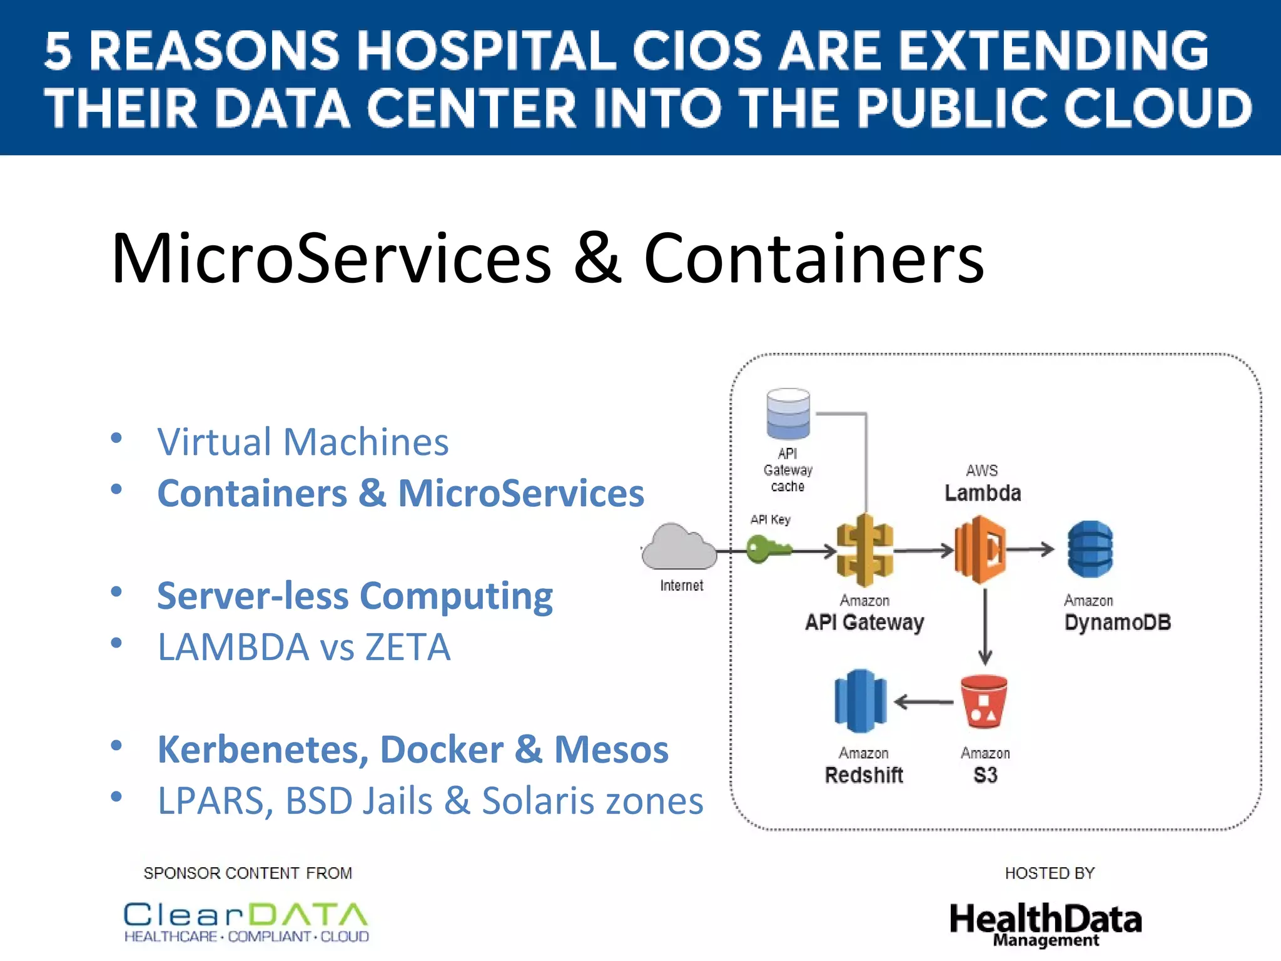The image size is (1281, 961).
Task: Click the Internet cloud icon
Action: pyautogui.click(x=679, y=547)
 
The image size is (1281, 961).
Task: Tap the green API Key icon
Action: pyautogui.click(x=768, y=549)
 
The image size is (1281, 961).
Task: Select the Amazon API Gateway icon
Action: pyautogui.click(x=865, y=550)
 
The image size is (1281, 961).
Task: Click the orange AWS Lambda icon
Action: pyautogui.click(x=980, y=549)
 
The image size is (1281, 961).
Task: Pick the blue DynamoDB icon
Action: pyautogui.click(x=1090, y=549)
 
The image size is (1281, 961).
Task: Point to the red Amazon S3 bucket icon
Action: pyautogui.click(x=984, y=701)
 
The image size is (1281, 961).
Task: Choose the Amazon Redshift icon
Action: pyautogui.click(x=860, y=701)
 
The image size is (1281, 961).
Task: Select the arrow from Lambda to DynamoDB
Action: pyautogui.click(x=1031, y=549)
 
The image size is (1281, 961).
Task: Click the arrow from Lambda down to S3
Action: pyautogui.click(x=985, y=626)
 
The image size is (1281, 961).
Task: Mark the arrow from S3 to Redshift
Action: pyautogui.click(x=924, y=702)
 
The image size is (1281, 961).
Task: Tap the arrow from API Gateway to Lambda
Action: pyautogui.click(x=924, y=551)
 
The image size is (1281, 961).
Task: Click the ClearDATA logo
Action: pyautogui.click(x=246, y=922)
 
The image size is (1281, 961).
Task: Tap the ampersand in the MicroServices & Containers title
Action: pyautogui.click(x=597, y=258)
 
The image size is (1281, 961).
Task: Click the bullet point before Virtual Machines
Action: pyautogui.click(x=116, y=438)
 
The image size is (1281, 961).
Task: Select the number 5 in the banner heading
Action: pyautogui.click(x=58, y=51)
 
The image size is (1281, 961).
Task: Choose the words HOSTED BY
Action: pyautogui.click(x=1050, y=873)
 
